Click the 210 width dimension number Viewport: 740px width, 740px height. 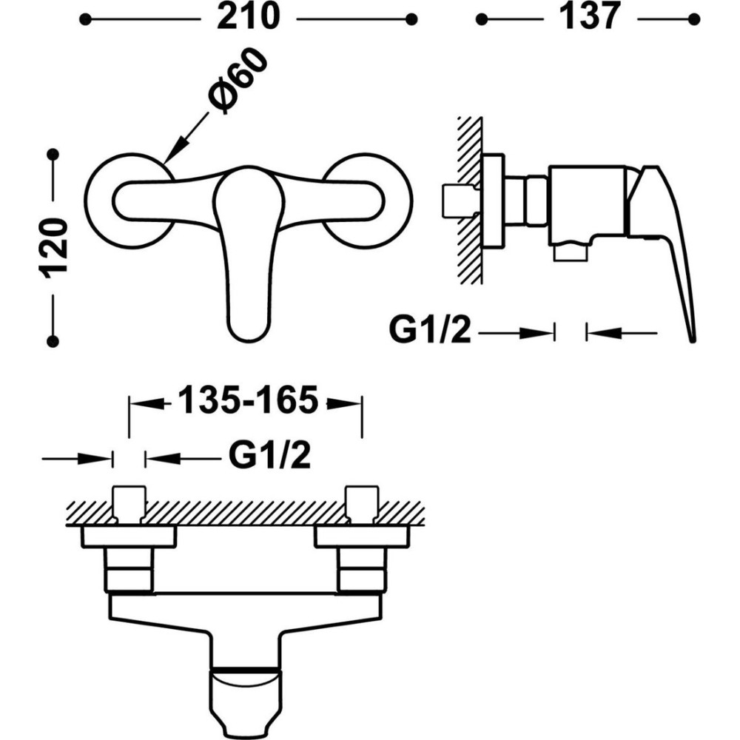tap(248, 17)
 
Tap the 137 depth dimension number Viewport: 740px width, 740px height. tap(589, 17)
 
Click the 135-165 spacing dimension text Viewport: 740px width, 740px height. tap(248, 400)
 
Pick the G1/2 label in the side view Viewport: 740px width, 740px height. tap(430, 330)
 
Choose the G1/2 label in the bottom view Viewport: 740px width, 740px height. tap(270, 455)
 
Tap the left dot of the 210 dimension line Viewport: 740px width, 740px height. tap(85, 19)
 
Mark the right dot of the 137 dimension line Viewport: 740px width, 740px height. tap(694, 19)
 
